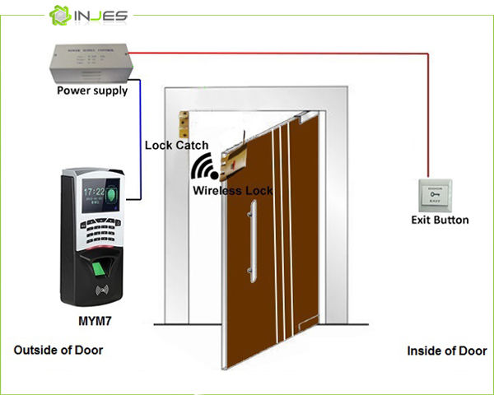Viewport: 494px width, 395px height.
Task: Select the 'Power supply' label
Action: click(x=91, y=91)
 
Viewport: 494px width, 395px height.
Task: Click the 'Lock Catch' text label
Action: click(x=176, y=145)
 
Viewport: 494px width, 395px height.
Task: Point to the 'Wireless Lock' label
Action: click(x=232, y=190)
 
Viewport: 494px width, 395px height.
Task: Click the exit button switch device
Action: click(x=437, y=196)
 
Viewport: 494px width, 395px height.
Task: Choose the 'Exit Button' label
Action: click(x=440, y=220)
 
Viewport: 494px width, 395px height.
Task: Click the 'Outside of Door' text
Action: click(x=58, y=350)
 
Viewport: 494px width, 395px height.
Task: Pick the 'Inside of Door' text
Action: click(x=446, y=351)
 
